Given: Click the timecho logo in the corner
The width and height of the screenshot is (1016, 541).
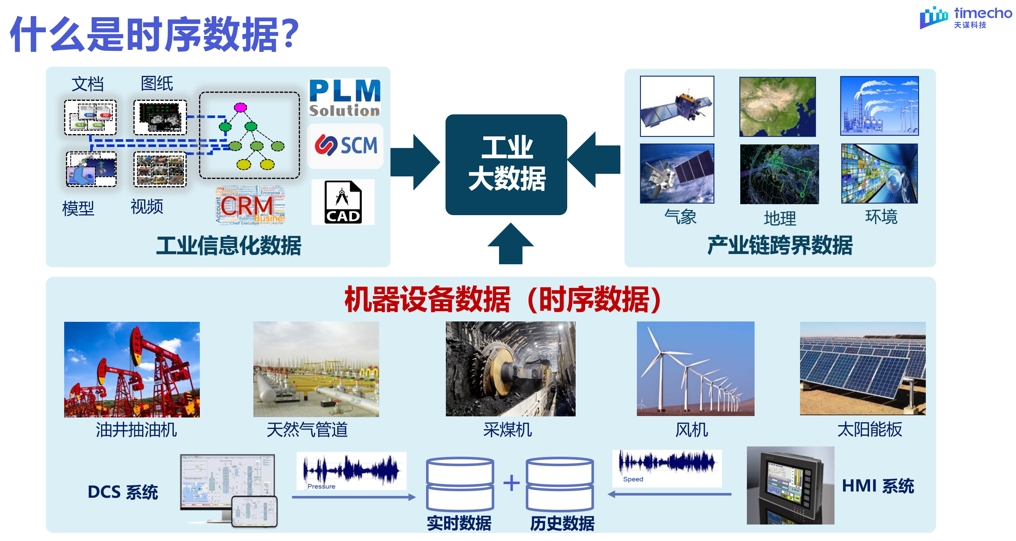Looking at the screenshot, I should (x=965, y=17).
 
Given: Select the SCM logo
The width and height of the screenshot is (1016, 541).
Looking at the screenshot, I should (x=345, y=146).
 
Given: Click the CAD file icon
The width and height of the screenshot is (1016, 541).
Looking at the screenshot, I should (x=343, y=202).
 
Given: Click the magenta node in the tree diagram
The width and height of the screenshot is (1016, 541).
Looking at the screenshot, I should (x=240, y=107).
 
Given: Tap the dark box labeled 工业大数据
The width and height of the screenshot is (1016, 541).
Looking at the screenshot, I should (x=506, y=165).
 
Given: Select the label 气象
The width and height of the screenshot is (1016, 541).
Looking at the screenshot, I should (x=680, y=217).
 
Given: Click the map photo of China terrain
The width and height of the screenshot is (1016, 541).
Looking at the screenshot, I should (x=777, y=107).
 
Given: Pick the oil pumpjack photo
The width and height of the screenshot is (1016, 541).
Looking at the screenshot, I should (x=132, y=369).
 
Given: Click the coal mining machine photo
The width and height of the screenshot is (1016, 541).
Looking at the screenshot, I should (x=510, y=369).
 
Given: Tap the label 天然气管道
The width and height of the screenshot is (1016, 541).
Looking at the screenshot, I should (x=307, y=430).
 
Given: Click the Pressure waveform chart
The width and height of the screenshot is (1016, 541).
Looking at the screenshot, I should (x=351, y=471).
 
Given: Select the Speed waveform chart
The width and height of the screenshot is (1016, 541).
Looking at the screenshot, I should (x=667, y=468).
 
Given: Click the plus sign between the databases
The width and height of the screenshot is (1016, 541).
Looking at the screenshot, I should (x=511, y=483).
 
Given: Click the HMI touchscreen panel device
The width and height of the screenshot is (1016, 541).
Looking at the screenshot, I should (x=790, y=485).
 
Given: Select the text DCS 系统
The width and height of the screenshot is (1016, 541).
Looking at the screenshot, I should (x=123, y=492).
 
